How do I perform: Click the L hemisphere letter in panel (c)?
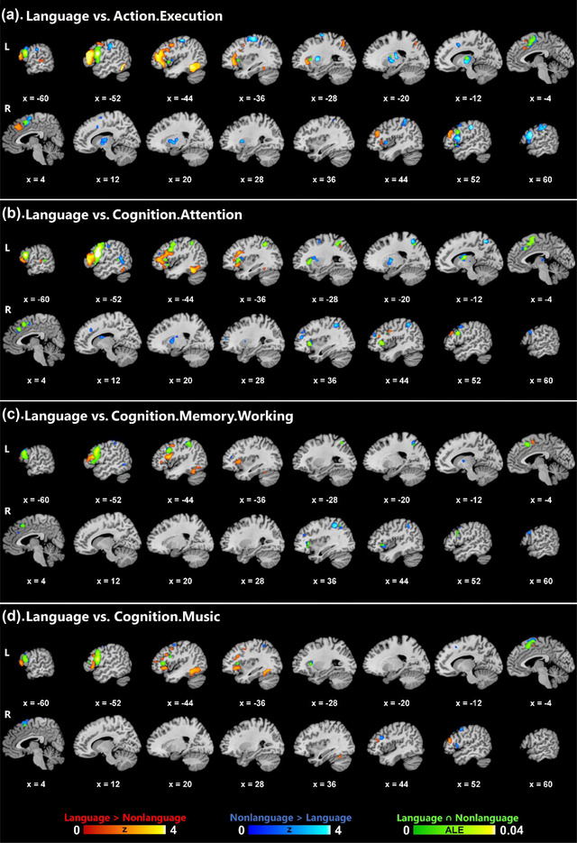[x=7, y=449]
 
